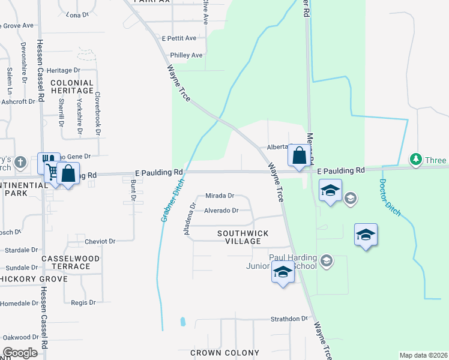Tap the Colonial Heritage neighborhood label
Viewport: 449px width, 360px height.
(72, 87)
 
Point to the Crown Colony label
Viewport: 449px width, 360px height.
(224, 353)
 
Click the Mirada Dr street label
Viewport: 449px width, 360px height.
(219, 196)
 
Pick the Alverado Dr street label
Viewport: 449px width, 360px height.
(221, 211)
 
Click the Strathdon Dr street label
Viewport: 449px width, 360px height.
(289, 319)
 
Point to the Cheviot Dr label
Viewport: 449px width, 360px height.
(100, 241)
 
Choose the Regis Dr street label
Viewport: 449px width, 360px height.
(83, 302)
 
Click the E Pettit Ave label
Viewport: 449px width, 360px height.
(179, 38)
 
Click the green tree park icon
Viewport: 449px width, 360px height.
(415, 160)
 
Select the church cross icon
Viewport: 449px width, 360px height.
(20, 162)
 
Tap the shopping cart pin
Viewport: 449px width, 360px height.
(52, 170)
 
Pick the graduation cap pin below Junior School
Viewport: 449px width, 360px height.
(282, 272)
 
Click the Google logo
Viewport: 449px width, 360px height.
(19, 353)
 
